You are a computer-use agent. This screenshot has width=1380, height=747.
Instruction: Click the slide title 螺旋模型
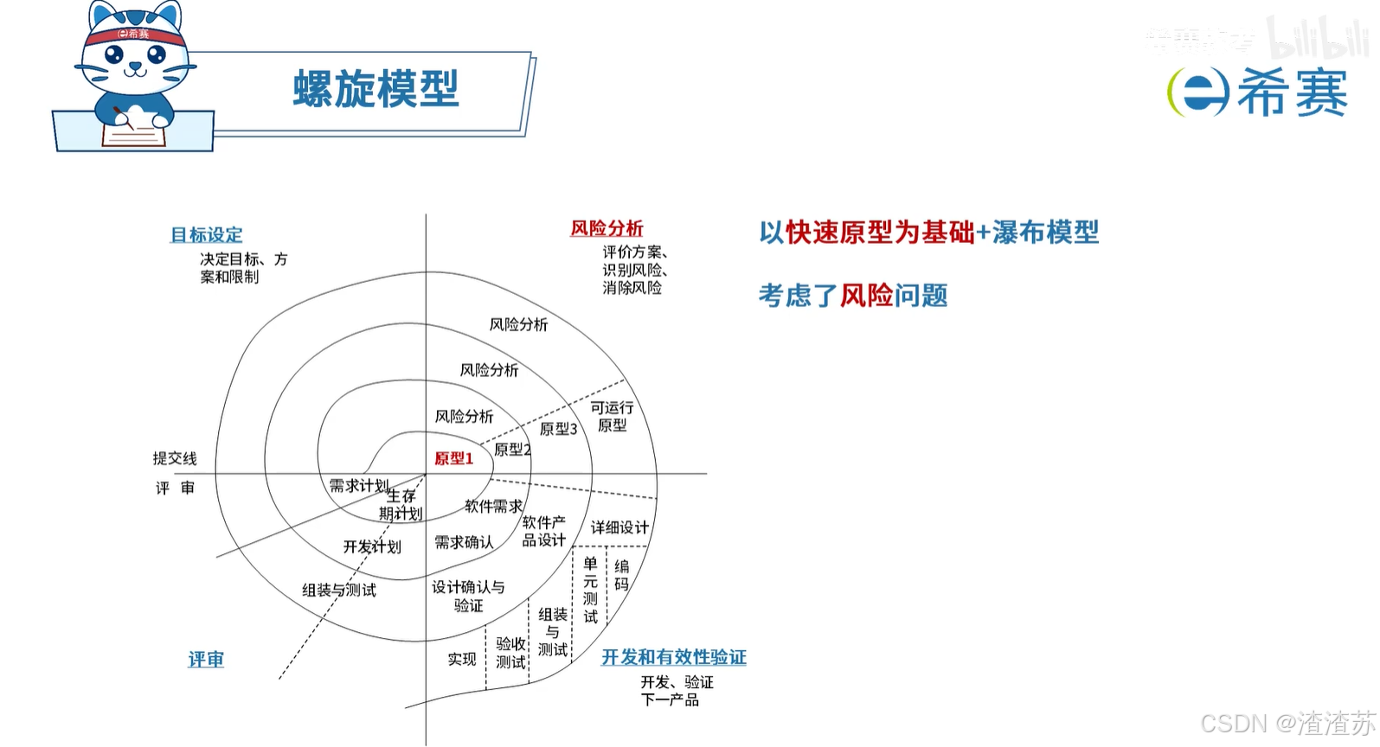tap(375, 89)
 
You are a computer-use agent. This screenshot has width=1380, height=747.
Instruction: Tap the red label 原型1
tap(453, 458)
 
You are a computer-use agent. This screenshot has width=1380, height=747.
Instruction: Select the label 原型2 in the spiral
tap(512, 450)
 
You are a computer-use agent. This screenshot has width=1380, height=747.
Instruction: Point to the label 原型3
tap(558, 429)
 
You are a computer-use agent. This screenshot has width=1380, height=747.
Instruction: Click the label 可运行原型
tap(612, 416)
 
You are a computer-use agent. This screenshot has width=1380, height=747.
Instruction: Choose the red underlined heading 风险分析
tap(607, 228)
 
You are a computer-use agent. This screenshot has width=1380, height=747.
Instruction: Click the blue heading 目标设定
tap(206, 235)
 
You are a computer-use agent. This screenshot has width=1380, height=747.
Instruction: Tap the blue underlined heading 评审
tap(206, 660)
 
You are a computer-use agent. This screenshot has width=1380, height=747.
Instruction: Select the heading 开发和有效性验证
tap(673, 657)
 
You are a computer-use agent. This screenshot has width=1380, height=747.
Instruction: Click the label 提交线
tap(175, 458)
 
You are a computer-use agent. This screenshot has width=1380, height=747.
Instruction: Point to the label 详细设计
tap(619, 527)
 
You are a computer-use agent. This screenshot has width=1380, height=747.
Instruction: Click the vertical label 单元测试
tap(590, 590)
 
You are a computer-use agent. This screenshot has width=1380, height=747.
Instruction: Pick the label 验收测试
tap(510, 653)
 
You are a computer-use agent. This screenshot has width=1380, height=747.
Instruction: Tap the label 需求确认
tap(464, 542)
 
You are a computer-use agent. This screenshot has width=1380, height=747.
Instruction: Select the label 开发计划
tap(372, 546)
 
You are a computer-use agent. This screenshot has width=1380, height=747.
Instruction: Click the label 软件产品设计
tap(543, 531)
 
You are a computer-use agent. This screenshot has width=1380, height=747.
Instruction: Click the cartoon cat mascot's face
tap(134, 58)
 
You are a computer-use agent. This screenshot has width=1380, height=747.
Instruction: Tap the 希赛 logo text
tap(1291, 93)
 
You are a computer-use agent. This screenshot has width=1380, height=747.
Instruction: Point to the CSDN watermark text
tap(1287, 723)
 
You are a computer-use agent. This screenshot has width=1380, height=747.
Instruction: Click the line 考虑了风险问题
tap(853, 296)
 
